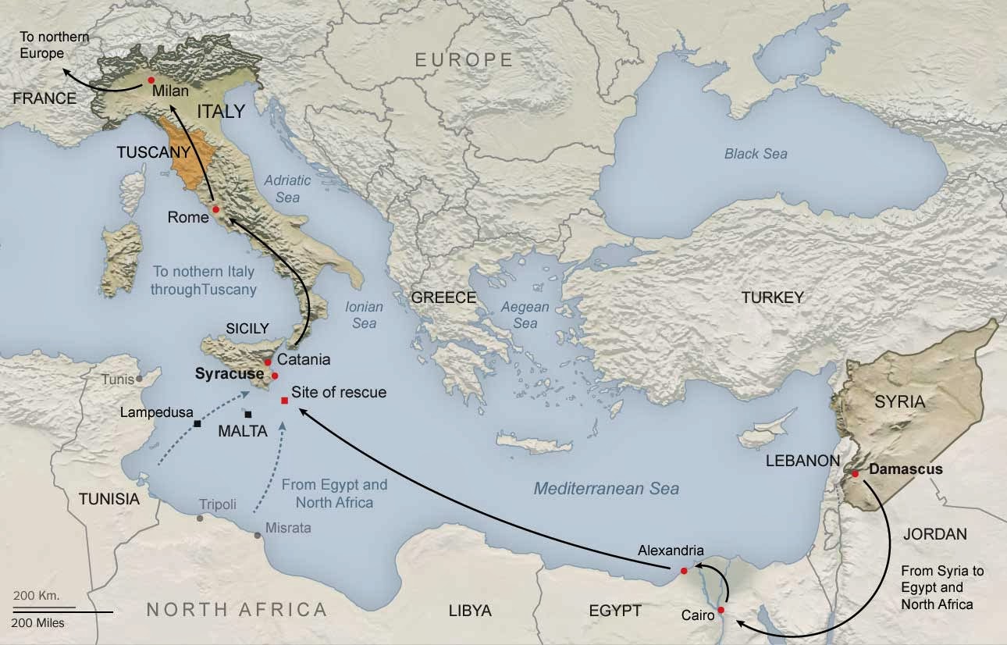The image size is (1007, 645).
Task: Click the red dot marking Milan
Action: (x=151, y=80)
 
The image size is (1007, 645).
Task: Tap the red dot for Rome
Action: (x=215, y=209)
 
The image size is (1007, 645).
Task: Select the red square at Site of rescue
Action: (x=284, y=401)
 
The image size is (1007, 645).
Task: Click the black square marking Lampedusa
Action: (x=197, y=424)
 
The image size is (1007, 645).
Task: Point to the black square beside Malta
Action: (x=247, y=414)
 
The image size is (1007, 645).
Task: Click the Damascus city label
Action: (x=906, y=470)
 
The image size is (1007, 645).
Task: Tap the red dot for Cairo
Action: (x=721, y=610)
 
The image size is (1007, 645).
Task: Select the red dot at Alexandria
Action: (x=684, y=571)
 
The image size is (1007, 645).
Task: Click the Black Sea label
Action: (x=755, y=154)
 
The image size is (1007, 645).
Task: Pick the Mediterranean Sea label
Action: (x=606, y=489)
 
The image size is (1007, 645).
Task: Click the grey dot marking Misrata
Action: (x=258, y=535)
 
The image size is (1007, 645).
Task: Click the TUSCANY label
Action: (x=154, y=153)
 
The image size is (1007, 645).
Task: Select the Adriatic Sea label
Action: (x=286, y=188)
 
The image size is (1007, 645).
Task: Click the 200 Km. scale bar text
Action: (x=37, y=595)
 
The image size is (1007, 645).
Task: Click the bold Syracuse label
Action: (x=229, y=374)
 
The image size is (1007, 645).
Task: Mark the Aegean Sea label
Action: (x=525, y=315)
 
